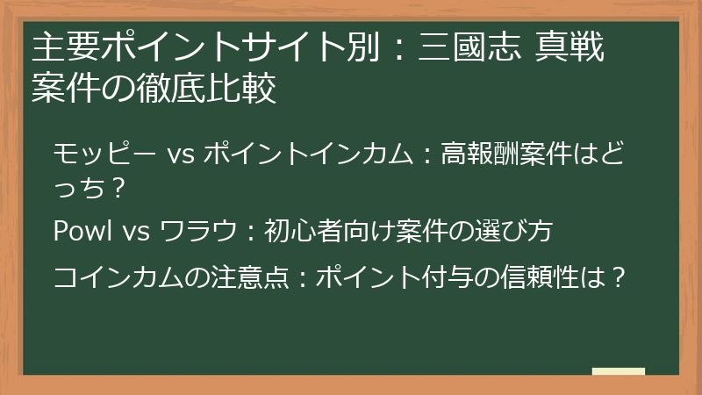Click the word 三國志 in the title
click(464, 48)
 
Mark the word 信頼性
click(539, 277)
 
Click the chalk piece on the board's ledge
click(619, 372)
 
